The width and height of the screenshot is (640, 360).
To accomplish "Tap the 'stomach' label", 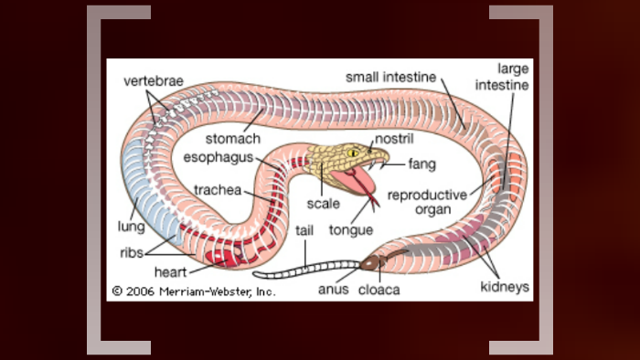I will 233,139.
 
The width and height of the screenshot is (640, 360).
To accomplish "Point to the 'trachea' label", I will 217,190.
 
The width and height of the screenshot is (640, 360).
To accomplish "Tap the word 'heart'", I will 171,272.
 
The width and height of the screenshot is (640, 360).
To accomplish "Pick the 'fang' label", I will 421,165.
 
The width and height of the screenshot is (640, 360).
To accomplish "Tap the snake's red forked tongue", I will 368,192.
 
